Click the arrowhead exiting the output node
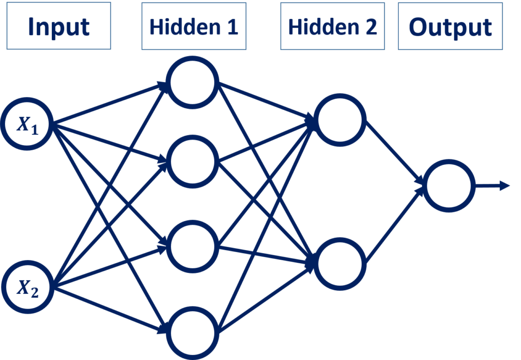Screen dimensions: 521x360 pos(505,186)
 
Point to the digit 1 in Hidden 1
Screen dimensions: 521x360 pos(233,26)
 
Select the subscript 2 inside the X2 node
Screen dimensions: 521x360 pos(35,292)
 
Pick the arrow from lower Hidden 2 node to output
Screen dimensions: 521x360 pos(395,225)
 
